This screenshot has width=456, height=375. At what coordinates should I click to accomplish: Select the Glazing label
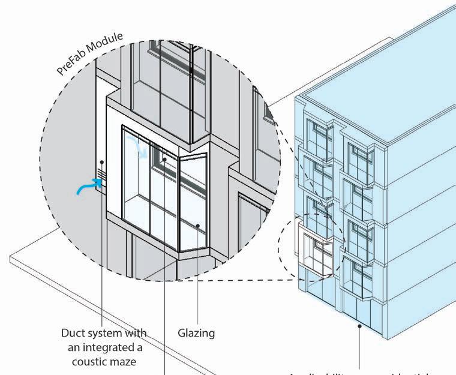[x=196, y=332]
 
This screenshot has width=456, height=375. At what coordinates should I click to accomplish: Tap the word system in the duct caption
[x=108, y=332]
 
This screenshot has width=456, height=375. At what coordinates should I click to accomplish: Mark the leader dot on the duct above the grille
[x=103, y=162]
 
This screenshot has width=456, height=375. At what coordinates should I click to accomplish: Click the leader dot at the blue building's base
[x=360, y=326]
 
